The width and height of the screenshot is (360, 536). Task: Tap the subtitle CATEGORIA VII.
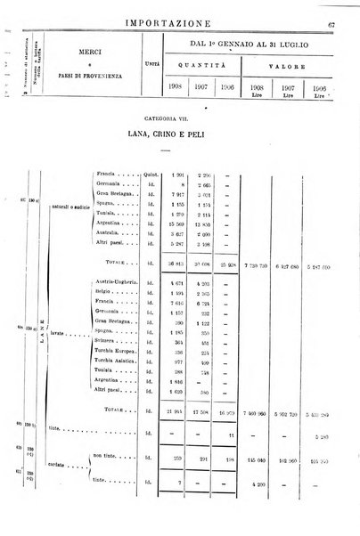pyautogui.click(x=179, y=117)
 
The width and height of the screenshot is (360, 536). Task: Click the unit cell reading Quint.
pyautogui.click(x=151, y=175)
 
